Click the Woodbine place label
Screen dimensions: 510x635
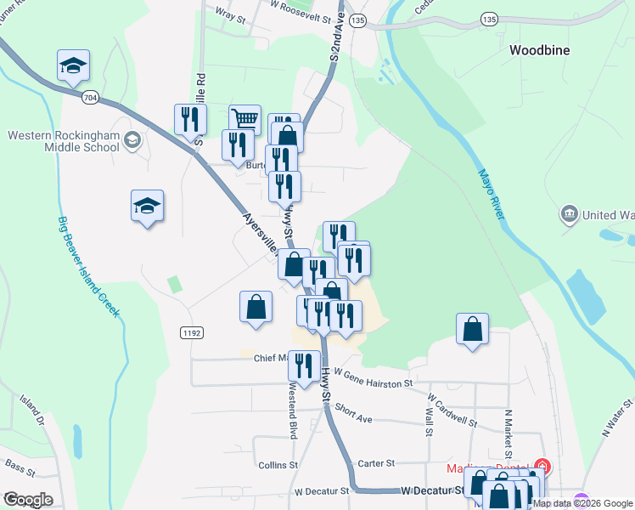(540, 50)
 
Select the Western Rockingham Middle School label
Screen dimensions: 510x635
(64, 140)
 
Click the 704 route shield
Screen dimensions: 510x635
(89, 99)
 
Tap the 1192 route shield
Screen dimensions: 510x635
(190, 333)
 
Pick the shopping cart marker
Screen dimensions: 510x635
(244, 119)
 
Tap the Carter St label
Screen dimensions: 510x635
(377, 463)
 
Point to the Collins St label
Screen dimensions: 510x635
(278, 465)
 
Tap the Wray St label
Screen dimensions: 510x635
(230, 14)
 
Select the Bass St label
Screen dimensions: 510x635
(18, 464)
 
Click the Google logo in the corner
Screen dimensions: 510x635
(28, 500)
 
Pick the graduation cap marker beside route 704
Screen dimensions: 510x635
(74, 65)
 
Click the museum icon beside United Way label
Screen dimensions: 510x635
(569, 214)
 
